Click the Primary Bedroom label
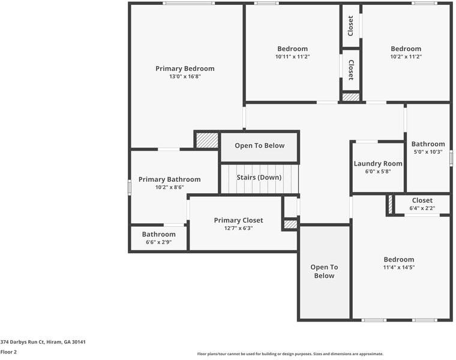click(185, 68)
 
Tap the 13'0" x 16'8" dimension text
click(185, 77)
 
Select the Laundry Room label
click(378, 163)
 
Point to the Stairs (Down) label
click(259, 178)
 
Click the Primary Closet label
click(238, 220)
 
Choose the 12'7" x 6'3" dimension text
click(238, 229)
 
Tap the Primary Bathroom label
click(169, 179)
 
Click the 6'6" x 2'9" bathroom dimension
click(158, 242)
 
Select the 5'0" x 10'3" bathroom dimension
click(428, 152)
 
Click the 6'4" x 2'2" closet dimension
click(422, 209)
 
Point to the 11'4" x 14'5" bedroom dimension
click(399, 268)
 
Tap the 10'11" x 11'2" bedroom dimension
click(292, 57)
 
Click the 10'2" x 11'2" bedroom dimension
click(406, 57)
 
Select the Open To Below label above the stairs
click(259, 146)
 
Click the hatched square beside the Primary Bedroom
click(207, 140)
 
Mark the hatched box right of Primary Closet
click(290, 224)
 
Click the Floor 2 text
click(8, 352)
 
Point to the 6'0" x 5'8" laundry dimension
click(378, 172)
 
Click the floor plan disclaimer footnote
click(290, 354)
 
